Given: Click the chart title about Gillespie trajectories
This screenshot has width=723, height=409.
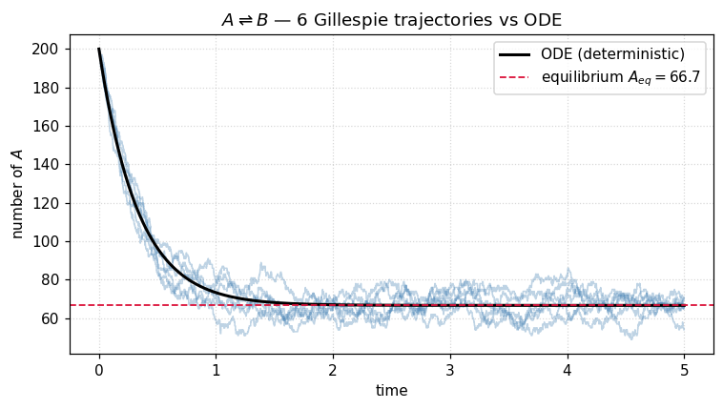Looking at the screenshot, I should click(391, 20).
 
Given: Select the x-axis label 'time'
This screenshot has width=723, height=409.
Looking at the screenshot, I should click(391, 391).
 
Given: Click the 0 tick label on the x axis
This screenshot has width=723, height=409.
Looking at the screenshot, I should click(99, 370).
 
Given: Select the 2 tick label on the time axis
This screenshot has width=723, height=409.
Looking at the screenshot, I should click(333, 370).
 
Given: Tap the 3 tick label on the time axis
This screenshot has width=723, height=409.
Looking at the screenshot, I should click(450, 370).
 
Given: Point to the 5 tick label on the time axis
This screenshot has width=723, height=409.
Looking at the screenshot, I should click(684, 370).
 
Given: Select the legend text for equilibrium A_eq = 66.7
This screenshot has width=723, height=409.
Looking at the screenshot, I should click(622, 76).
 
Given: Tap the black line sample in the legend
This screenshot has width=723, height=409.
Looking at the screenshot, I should click(516, 54).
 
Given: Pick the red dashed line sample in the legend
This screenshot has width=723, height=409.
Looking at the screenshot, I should click(516, 76).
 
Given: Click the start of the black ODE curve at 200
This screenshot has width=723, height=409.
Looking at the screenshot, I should click(99, 50).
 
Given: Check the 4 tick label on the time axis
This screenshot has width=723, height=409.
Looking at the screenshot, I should click(567, 370).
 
